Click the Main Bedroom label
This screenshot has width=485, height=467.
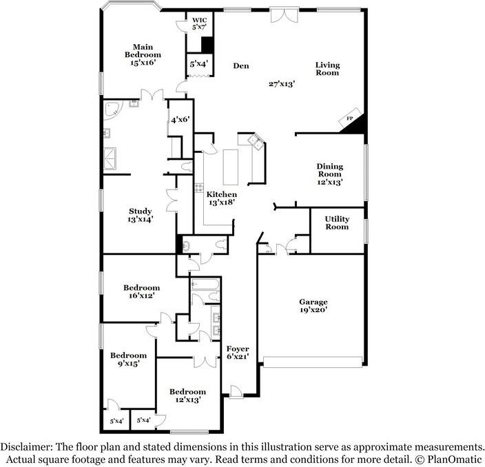coord(143,54)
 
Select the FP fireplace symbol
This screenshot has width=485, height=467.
coord(350,119)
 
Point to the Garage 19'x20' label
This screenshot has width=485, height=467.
coord(313,306)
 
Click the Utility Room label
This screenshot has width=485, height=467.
coord(337,223)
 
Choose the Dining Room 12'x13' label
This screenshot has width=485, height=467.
coord(329,174)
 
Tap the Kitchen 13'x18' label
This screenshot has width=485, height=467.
coord(222,199)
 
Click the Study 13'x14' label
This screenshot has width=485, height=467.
coord(140,216)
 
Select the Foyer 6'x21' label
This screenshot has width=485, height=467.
coord(238,353)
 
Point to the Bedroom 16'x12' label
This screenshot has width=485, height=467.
coord(141,291)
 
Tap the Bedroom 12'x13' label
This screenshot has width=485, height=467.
coord(187,395)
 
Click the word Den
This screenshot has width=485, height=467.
coord(240,66)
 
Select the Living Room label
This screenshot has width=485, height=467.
coord(327,69)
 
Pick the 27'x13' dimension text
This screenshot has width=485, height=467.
coord(282,83)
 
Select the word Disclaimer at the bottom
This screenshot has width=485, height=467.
coord(28,446)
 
